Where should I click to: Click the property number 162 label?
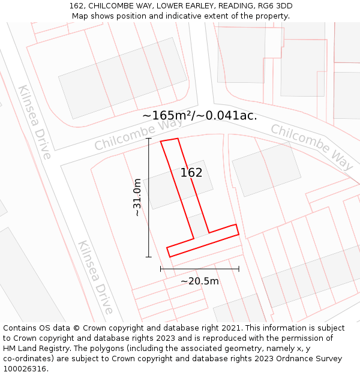click(x=191, y=173)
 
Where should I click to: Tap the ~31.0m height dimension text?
click(x=137, y=197)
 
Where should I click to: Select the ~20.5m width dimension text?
click(x=200, y=281)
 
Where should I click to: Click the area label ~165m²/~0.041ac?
click(x=200, y=116)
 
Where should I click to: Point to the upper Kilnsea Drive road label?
click(x=35, y=122)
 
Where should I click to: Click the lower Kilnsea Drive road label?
click(x=95, y=277)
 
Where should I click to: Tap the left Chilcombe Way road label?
click(x=139, y=134)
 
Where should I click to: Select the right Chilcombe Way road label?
click(x=312, y=146)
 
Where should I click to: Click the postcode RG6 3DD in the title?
click(x=276, y=6)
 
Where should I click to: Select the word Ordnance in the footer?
click(x=290, y=359)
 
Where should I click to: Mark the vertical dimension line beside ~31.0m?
click(x=149, y=197)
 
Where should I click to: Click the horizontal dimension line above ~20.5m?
click(x=200, y=269)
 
